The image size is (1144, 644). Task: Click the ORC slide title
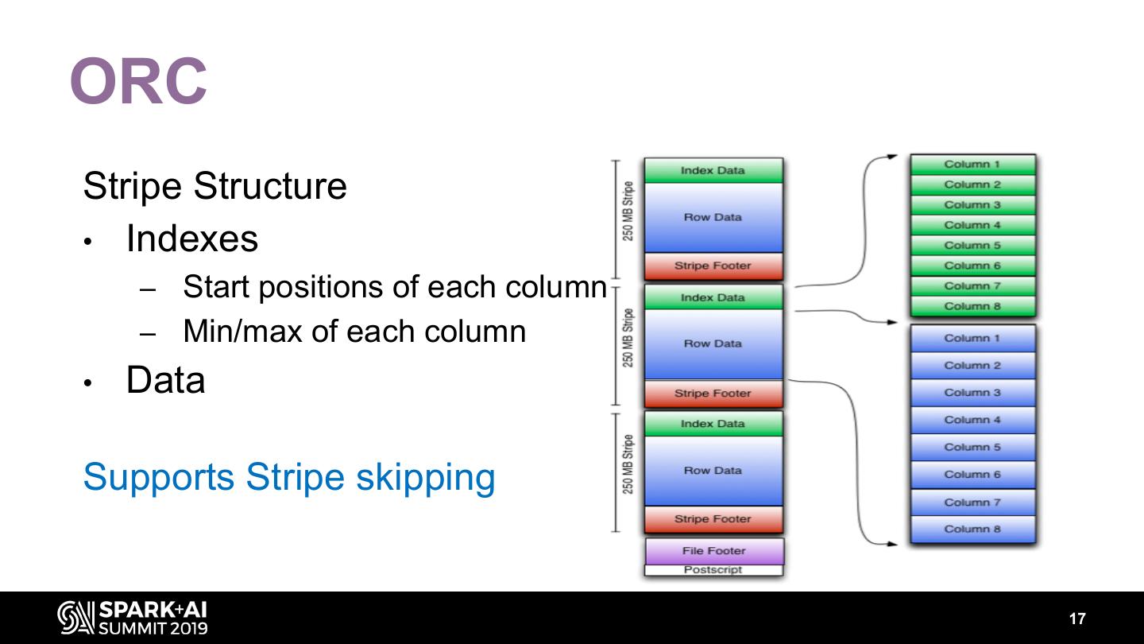tap(139, 81)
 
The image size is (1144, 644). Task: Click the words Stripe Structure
tap(214, 186)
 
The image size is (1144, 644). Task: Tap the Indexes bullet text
tap(191, 239)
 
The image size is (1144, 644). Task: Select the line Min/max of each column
tap(354, 331)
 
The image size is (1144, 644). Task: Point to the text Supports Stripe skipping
tap(289, 477)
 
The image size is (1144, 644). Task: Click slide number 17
tap(1076, 619)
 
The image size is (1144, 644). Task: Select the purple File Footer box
tap(713, 550)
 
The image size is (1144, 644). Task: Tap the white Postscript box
tap(713, 570)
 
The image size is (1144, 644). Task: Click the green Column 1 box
tap(972, 165)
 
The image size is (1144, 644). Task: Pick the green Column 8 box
tap(972, 306)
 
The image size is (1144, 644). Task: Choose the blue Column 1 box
tap(972, 338)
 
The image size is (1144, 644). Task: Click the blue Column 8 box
tap(972, 529)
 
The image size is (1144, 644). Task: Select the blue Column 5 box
tap(972, 447)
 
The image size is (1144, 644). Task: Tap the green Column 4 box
tap(972, 225)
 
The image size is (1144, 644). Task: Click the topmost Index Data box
tap(713, 170)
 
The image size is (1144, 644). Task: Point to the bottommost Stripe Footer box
tap(713, 519)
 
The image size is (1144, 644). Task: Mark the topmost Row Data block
tap(713, 217)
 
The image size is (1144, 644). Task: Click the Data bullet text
tap(165, 380)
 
